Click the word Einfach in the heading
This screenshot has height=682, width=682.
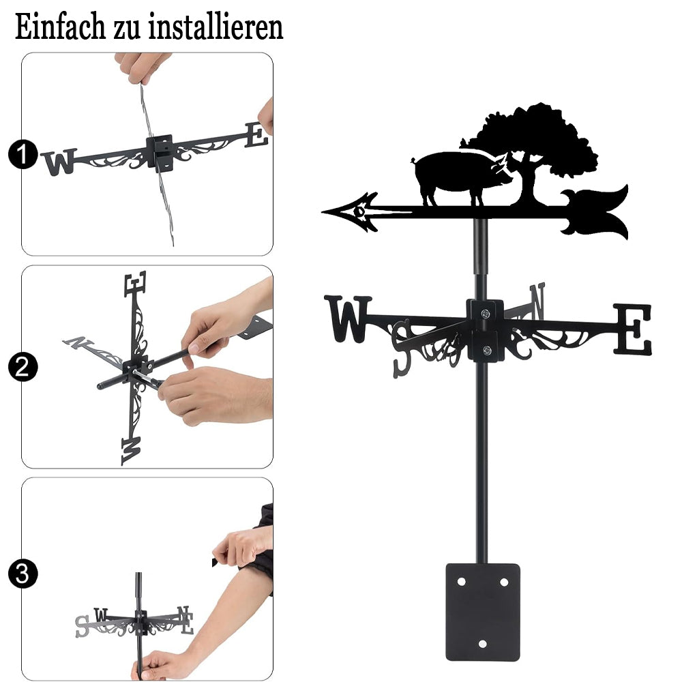click(60, 27)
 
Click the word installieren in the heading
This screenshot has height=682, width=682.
click(216, 27)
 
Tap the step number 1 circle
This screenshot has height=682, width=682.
click(23, 154)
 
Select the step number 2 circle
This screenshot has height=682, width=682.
click(23, 367)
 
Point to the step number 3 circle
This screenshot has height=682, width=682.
click(23, 574)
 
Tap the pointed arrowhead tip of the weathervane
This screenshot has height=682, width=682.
click(323, 212)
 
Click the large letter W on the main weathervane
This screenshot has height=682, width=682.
click(348, 318)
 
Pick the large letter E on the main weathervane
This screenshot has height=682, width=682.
click(633, 329)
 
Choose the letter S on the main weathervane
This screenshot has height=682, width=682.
click(402, 349)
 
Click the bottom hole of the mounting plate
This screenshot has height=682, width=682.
click(482, 644)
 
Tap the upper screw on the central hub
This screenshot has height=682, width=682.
click(486, 313)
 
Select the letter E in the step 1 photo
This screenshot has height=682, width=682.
click(256, 135)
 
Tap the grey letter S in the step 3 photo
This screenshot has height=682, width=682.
click(82, 626)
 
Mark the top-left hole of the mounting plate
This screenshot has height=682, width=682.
click(462, 582)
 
